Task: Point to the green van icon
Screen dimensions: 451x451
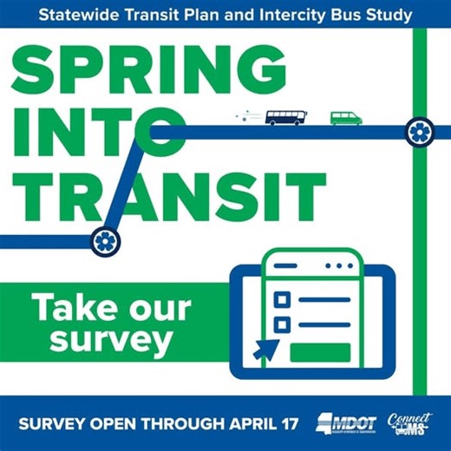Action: coord(344,118)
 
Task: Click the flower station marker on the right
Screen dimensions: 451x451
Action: coord(420,132)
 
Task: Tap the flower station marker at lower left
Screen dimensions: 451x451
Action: coord(105,238)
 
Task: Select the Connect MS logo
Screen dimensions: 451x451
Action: coord(407,423)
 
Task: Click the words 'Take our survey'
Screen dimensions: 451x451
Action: coord(108,324)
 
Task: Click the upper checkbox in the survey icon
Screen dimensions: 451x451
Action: coord(281,299)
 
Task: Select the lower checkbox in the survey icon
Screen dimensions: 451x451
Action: coord(281,325)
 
